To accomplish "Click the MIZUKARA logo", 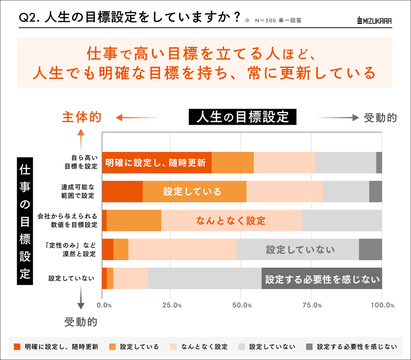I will (374, 21).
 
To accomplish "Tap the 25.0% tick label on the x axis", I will (172, 305).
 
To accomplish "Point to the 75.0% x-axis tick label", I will (312, 305).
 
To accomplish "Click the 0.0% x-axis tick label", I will (104, 305).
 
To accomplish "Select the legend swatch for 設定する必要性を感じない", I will (309, 347).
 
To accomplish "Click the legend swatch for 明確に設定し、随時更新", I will (17, 347).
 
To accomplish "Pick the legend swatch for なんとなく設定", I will (173, 347).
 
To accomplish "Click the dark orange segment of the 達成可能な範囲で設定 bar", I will (122, 191).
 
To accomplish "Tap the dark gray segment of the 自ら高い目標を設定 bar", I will (379, 162).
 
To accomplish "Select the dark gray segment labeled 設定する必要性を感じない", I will (322, 279).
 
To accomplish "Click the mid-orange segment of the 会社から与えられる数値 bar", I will (134, 220).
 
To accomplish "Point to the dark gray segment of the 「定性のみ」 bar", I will (370, 250).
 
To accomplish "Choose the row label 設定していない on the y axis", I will (71, 278).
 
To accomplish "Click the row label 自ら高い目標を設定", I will (81, 162).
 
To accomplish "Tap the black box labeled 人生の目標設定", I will (242, 117).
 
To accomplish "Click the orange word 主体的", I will (82, 117).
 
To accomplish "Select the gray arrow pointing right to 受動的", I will (337, 118).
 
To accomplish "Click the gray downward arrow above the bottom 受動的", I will (81, 297).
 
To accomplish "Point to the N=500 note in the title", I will (265, 20).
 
